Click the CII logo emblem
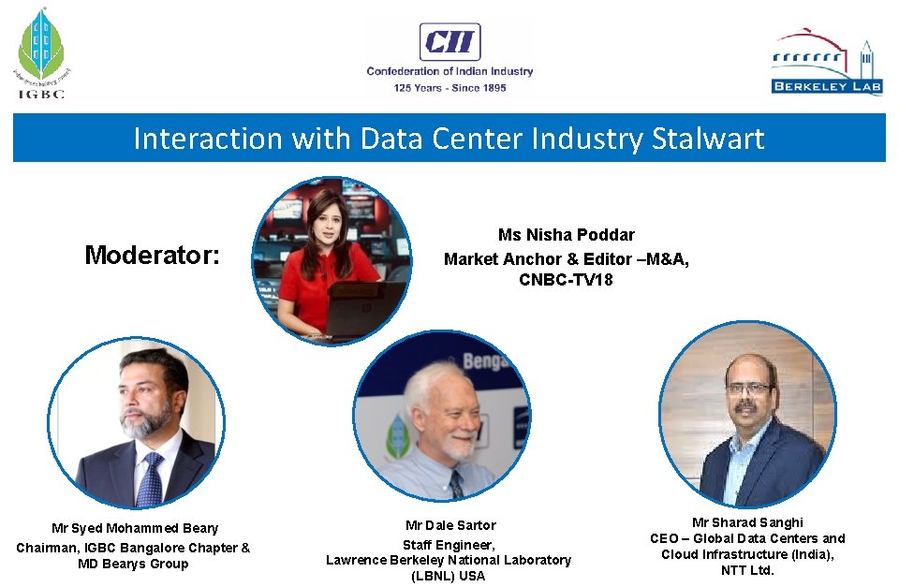[x=449, y=42]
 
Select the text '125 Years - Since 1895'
[x=449, y=88]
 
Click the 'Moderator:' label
[x=152, y=255]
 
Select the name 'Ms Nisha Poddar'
[x=566, y=235]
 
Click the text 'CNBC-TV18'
[x=566, y=279]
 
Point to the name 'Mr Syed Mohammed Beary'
[x=135, y=529]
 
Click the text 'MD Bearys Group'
[x=133, y=564]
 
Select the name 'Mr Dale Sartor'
[x=450, y=525]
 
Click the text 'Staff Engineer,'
[x=449, y=544]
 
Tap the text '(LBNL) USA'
[x=448, y=576]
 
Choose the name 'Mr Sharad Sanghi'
[x=747, y=521]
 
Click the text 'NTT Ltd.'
[x=747, y=570]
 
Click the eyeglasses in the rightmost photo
[x=749, y=388]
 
